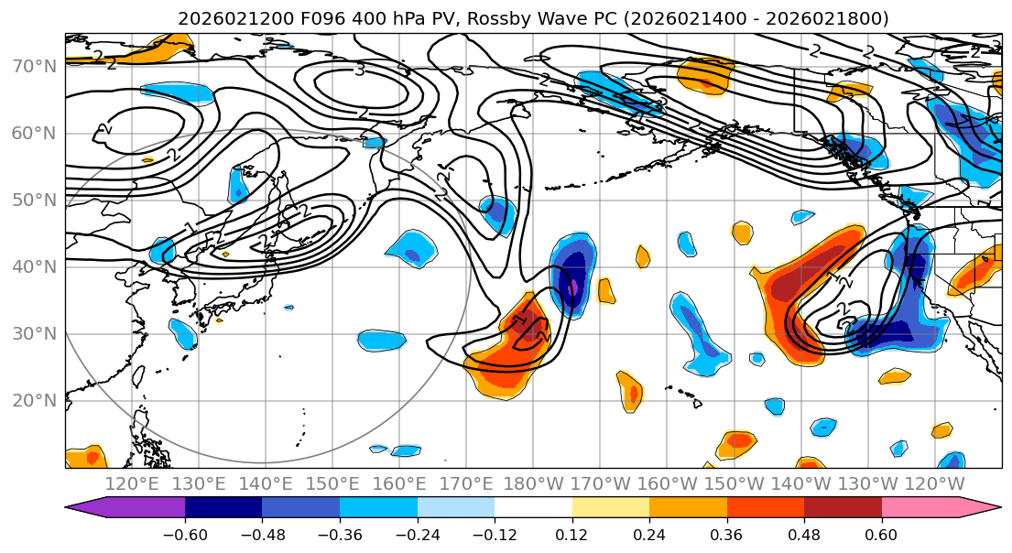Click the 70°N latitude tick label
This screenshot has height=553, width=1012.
(x=33, y=66)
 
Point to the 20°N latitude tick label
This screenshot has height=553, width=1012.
(x=33, y=400)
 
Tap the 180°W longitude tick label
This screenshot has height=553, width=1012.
(x=532, y=483)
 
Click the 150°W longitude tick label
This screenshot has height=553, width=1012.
(x=732, y=483)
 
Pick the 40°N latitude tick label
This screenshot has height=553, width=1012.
(x=33, y=266)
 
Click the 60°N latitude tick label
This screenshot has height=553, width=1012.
(x=33, y=133)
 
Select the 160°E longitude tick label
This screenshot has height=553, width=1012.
(x=398, y=483)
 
